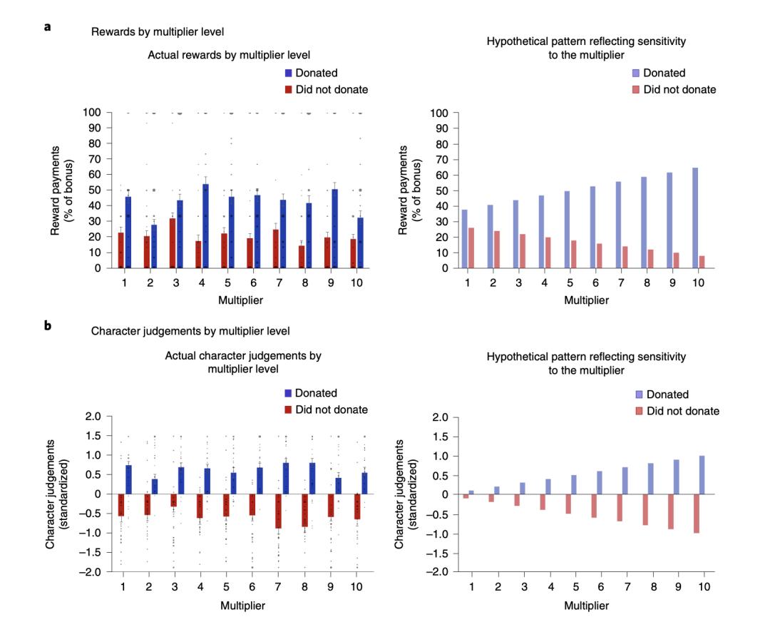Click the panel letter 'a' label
pos(46,27)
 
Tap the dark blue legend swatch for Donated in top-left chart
pos(289,73)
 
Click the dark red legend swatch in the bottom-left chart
pos(289,410)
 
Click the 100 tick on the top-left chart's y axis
pos(93,113)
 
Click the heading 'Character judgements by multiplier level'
pos(180,331)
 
